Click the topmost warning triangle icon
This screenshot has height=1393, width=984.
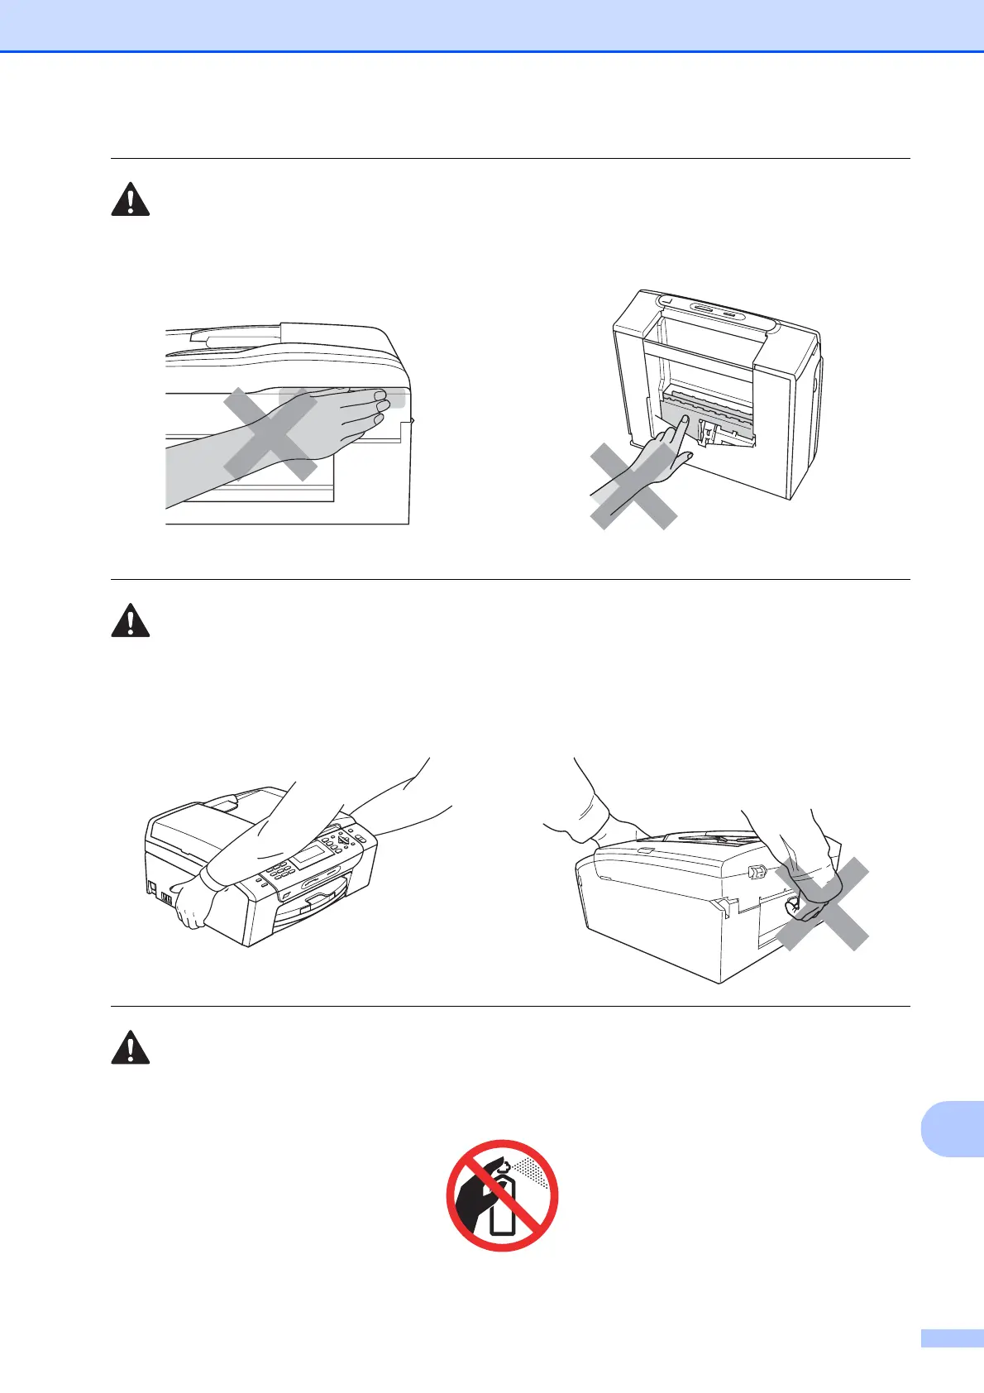coord(131,199)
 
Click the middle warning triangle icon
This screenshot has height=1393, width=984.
coord(131,620)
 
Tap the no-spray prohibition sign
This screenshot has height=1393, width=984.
coord(502,1195)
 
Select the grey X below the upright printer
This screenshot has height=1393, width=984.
coord(633,486)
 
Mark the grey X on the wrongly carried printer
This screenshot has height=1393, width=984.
coord(821,904)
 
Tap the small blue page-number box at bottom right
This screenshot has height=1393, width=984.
coord(952,1362)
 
